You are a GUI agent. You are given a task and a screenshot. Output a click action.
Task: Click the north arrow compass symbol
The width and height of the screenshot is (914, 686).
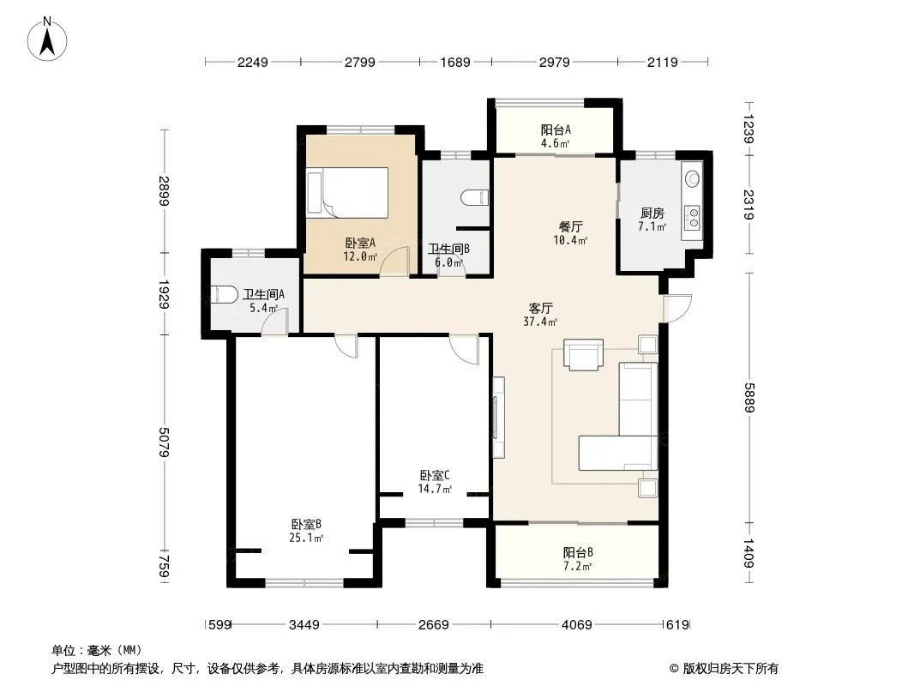47,39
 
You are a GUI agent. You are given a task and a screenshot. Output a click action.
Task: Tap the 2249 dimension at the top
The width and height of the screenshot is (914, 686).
252,62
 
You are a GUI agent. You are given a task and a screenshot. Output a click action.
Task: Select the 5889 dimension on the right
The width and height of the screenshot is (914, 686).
749,398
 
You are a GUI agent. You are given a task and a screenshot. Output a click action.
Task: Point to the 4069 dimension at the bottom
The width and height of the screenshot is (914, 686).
576,625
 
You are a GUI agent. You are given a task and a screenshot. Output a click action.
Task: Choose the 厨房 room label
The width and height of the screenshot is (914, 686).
652,214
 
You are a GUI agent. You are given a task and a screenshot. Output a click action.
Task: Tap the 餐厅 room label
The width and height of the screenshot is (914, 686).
571,226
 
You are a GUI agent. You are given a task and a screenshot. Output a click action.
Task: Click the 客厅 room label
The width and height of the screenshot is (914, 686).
540,308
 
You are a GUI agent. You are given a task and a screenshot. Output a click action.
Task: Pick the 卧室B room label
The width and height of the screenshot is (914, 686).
307,524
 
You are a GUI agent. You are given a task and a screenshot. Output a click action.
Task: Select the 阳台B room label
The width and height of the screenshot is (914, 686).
578,552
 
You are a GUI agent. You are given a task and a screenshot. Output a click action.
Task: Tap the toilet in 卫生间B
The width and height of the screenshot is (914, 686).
474,197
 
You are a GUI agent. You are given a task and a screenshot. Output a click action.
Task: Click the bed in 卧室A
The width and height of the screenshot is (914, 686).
347,191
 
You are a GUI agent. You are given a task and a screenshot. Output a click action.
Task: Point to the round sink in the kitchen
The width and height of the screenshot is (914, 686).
692,178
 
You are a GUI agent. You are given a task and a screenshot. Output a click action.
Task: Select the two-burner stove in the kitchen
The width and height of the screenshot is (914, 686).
693,218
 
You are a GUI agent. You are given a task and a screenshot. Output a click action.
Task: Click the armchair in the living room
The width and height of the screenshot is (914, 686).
583,354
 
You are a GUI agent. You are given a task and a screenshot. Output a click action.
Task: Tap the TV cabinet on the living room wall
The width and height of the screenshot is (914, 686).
498,418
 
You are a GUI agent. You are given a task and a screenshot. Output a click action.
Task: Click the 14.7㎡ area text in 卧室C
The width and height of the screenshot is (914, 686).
435,489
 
